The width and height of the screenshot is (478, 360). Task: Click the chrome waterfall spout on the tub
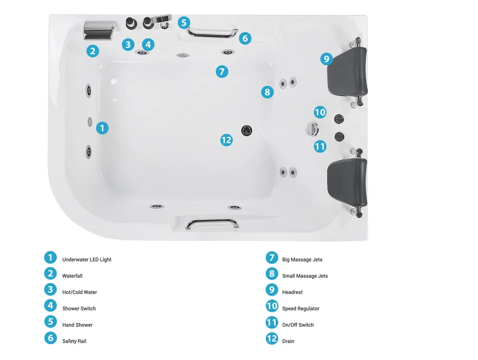100,31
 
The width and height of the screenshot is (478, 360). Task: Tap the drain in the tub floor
247,131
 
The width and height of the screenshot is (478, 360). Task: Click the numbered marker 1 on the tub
102,128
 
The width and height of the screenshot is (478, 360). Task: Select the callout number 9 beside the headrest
326,58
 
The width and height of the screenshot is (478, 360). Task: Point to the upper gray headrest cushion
347,70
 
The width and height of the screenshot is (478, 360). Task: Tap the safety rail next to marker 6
213,33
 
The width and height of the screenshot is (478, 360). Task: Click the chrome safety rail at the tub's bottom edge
212,223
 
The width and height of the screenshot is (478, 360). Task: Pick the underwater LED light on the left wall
90,121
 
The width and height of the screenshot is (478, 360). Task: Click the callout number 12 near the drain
227,140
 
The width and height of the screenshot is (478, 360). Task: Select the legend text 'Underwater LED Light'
87,260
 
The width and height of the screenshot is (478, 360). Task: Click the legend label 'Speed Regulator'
301,308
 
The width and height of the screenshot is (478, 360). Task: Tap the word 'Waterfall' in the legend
72,276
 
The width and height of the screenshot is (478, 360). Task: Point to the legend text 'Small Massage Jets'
305,276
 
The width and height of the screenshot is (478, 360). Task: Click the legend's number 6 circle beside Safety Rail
51,338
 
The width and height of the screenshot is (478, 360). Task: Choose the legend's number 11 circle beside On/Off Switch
272,322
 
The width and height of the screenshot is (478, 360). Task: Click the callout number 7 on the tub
222,72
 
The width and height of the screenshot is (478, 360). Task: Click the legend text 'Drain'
288,341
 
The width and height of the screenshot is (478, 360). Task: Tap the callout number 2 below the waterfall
93,51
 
